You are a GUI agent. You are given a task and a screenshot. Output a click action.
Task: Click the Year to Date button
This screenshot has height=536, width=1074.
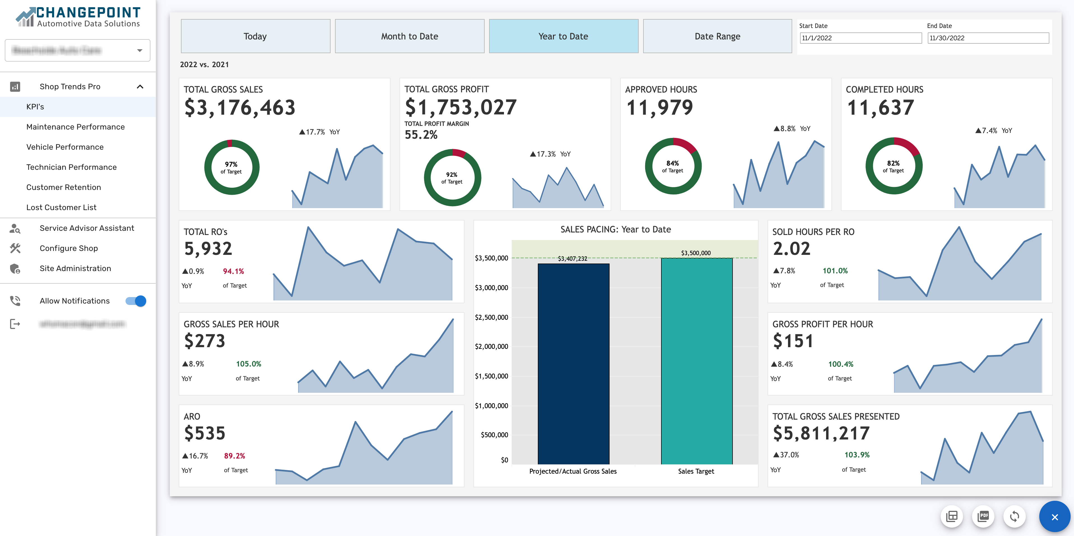563,36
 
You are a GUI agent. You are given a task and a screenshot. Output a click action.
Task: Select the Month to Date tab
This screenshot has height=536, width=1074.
410,36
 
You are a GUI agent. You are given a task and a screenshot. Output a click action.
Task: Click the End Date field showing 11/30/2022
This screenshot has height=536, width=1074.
988,38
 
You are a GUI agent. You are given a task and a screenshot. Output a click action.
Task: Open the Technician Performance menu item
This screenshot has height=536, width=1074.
71,167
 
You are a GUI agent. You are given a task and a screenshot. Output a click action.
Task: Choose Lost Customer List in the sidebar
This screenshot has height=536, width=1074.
61,207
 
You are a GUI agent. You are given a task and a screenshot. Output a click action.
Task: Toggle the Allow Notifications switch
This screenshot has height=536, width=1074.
136,301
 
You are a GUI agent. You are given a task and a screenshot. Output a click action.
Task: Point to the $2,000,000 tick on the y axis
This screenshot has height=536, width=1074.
492,347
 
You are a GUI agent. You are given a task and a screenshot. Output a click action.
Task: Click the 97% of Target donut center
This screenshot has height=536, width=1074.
231,167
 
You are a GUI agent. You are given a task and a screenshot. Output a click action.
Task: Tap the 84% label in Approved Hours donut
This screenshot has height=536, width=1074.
673,163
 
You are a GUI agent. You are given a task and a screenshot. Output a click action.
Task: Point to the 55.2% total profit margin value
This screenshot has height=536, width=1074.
421,135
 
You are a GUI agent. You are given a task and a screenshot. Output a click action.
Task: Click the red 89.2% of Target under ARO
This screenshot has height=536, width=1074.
234,456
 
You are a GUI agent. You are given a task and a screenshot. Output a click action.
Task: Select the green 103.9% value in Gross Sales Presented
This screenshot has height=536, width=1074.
857,455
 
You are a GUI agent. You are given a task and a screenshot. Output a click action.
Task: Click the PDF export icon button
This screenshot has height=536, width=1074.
983,516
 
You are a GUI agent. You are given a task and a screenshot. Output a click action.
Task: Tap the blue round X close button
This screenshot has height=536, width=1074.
1054,517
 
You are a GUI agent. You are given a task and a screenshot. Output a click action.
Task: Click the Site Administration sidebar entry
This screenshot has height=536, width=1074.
75,268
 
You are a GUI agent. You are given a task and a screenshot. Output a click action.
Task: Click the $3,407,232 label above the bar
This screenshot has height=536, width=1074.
573,259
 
